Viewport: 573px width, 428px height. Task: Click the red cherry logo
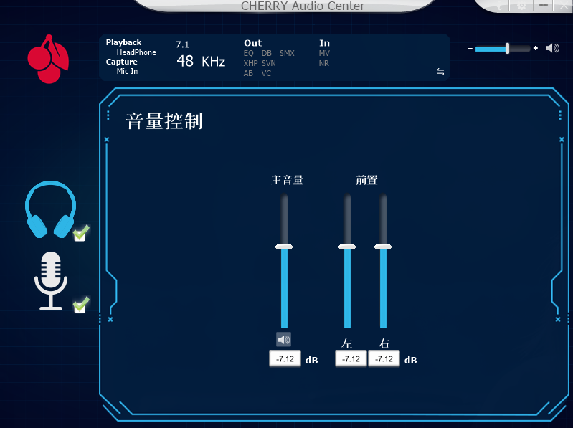[48, 59]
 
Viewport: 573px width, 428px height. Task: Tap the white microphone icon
[51, 280]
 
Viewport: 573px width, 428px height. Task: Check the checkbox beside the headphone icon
[81, 232]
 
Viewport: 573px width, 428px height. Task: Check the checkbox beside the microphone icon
[81, 305]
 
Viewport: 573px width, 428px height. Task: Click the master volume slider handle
[284, 247]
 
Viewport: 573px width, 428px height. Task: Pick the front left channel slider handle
[347, 247]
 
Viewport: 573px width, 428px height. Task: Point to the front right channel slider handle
[383, 247]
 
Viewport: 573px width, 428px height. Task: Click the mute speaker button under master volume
[284, 340]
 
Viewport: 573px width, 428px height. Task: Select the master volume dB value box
[285, 359]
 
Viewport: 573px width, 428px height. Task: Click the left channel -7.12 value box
[351, 359]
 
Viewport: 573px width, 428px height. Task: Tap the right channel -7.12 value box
[384, 359]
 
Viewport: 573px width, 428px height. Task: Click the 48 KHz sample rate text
[201, 62]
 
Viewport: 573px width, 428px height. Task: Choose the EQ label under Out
[249, 53]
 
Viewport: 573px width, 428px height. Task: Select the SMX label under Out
[287, 53]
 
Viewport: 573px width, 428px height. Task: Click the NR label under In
[324, 63]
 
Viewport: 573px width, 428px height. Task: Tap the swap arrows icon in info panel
[440, 72]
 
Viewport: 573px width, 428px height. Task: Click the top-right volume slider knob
[508, 48]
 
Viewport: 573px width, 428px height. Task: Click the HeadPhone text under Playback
[136, 52]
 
